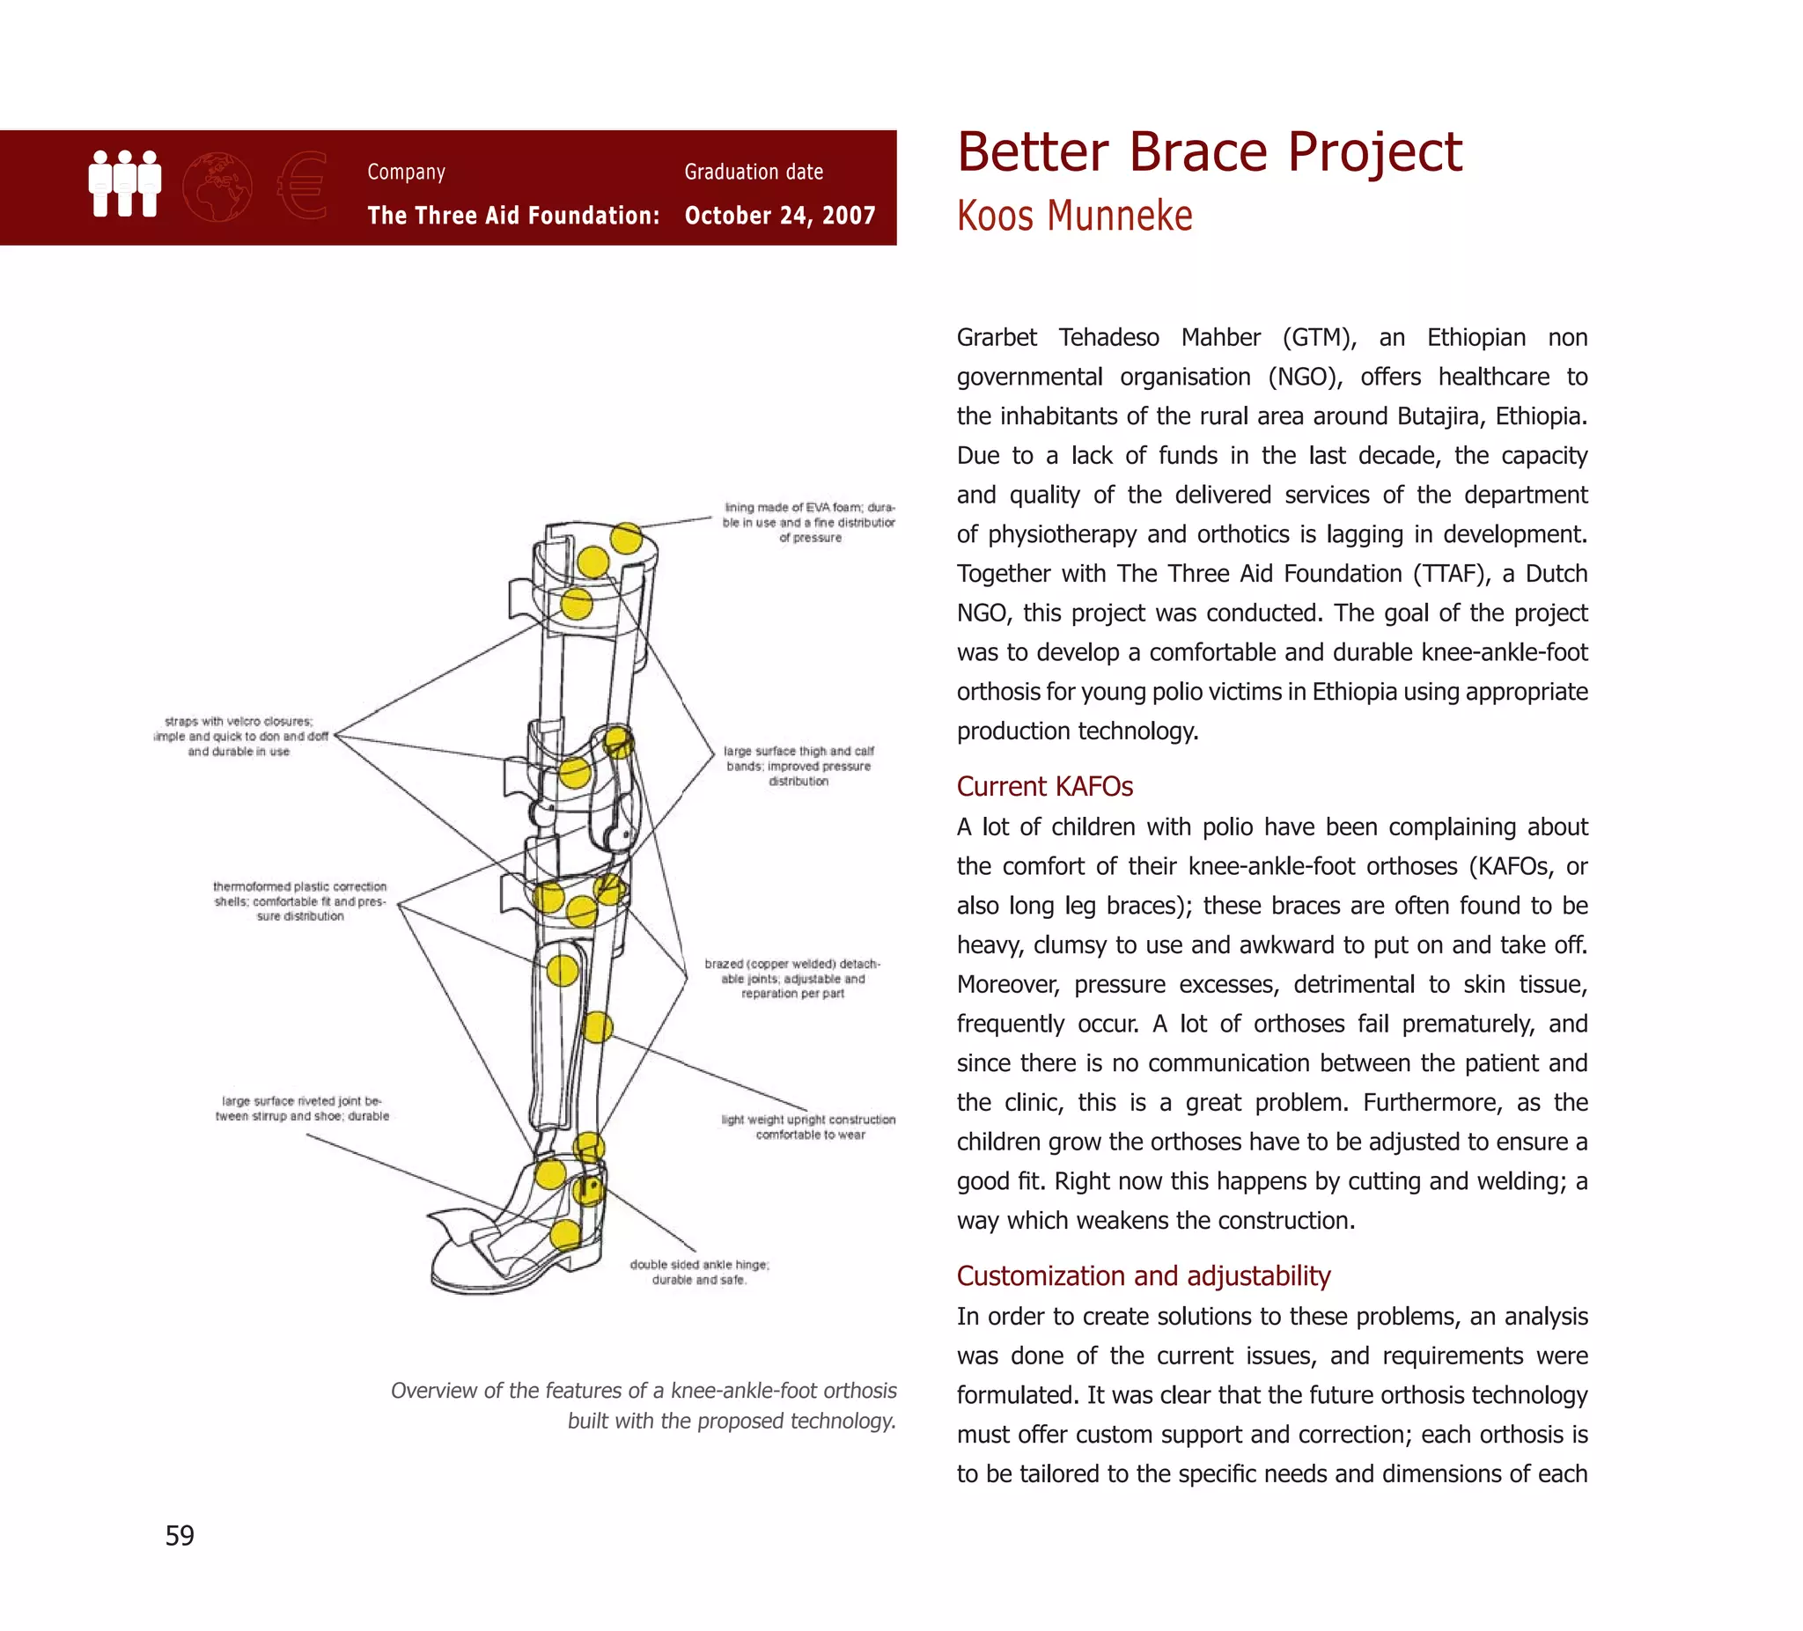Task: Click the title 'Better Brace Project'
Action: click(x=1209, y=152)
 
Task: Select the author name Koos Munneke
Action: click(x=1074, y=217)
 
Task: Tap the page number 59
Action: click(x=180, y=1535)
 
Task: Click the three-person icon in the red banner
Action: click(x=125, y=183)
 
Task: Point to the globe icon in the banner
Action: click(x=217, y=187)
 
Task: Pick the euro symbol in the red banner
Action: click(x=303, y=186)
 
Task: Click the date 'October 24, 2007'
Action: click(x=780, y=216)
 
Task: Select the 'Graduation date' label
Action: click(x=754, y=172)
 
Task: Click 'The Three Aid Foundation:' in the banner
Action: click(x=513, y=216)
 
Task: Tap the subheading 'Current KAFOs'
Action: click(x=1045, y=786)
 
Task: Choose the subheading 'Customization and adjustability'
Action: click(x=1143, y=1275)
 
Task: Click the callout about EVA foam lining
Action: click(x=809, y=522)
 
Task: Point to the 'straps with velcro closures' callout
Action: click(x=239, y=736)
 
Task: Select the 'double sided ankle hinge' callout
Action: click(x=699, y=1272)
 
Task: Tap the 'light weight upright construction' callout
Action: click(x=808, y=1127)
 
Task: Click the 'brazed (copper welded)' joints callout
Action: click(x=792, y=978)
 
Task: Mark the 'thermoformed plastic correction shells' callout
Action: click(x=299, y=900)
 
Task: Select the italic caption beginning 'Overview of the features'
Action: click(x=643, y=1405)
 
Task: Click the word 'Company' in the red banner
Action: click(x=406, y=172)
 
